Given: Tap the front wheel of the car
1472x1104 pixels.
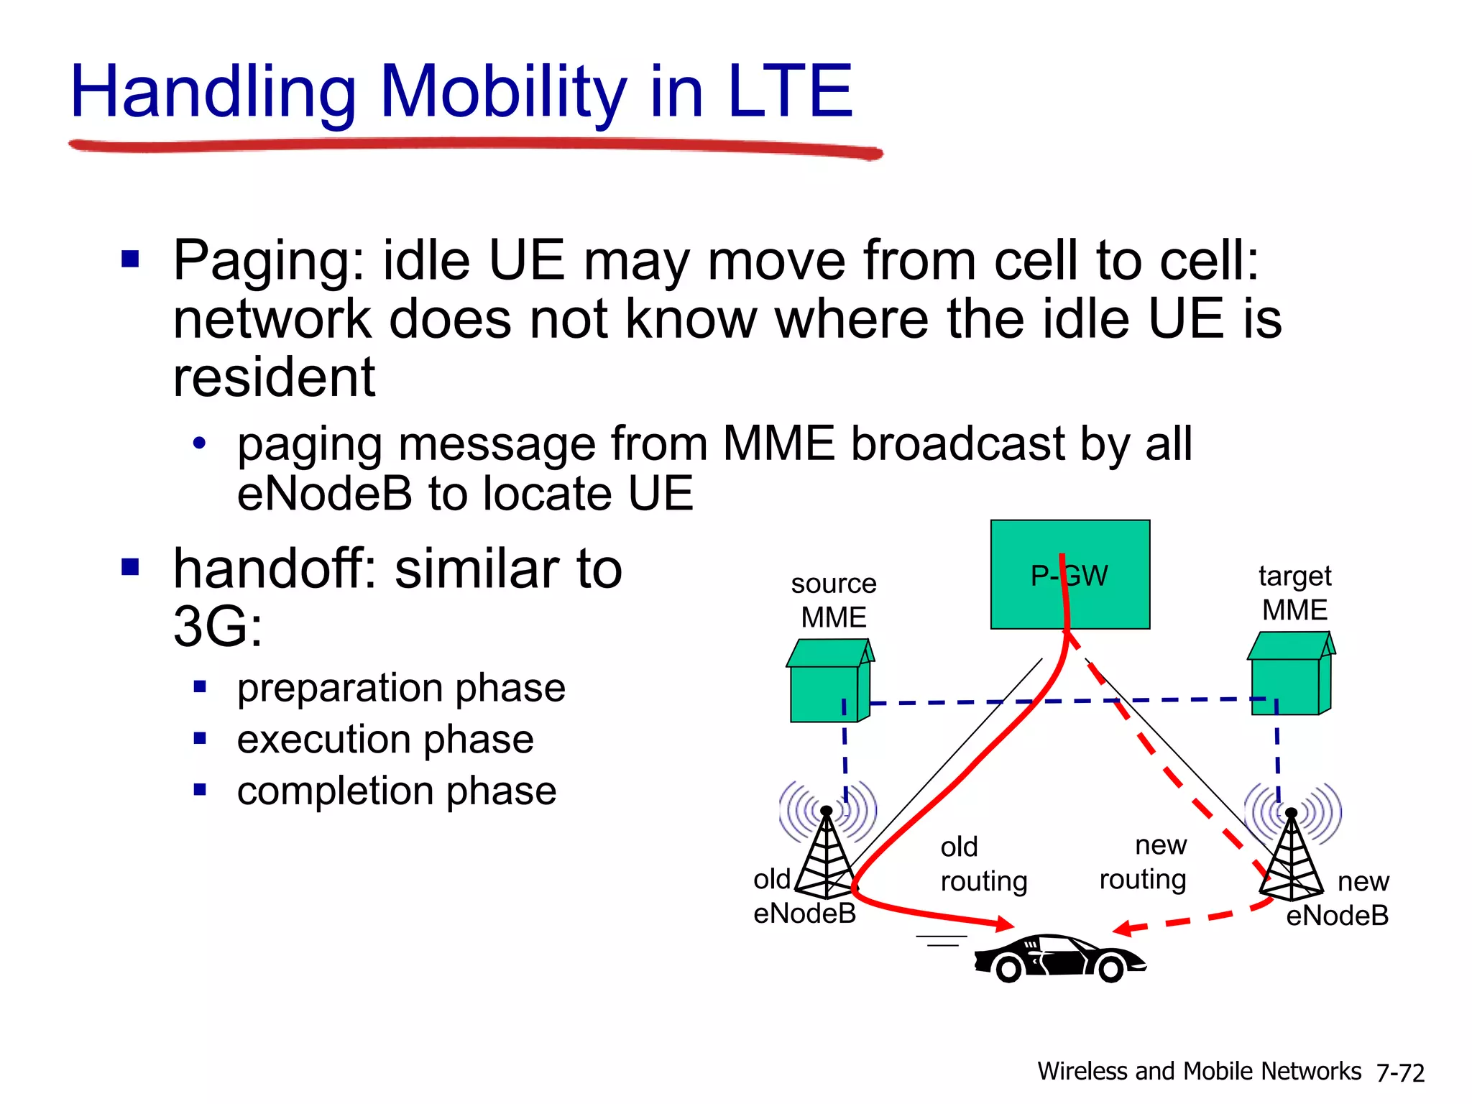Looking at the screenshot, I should pos(1110,970).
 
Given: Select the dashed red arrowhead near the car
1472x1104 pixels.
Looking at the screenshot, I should pos(1123,929).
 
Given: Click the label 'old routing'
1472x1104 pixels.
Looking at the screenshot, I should pos(983,864).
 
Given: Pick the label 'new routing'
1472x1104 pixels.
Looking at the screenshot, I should pos(1144,862).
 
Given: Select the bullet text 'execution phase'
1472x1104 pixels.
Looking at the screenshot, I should pos(385,739).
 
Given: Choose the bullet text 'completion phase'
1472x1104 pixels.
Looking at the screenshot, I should pos(397,791).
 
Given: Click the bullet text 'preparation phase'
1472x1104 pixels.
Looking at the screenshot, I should pos(401,688).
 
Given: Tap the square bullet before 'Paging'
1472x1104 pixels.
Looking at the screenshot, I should pos(130,259).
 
